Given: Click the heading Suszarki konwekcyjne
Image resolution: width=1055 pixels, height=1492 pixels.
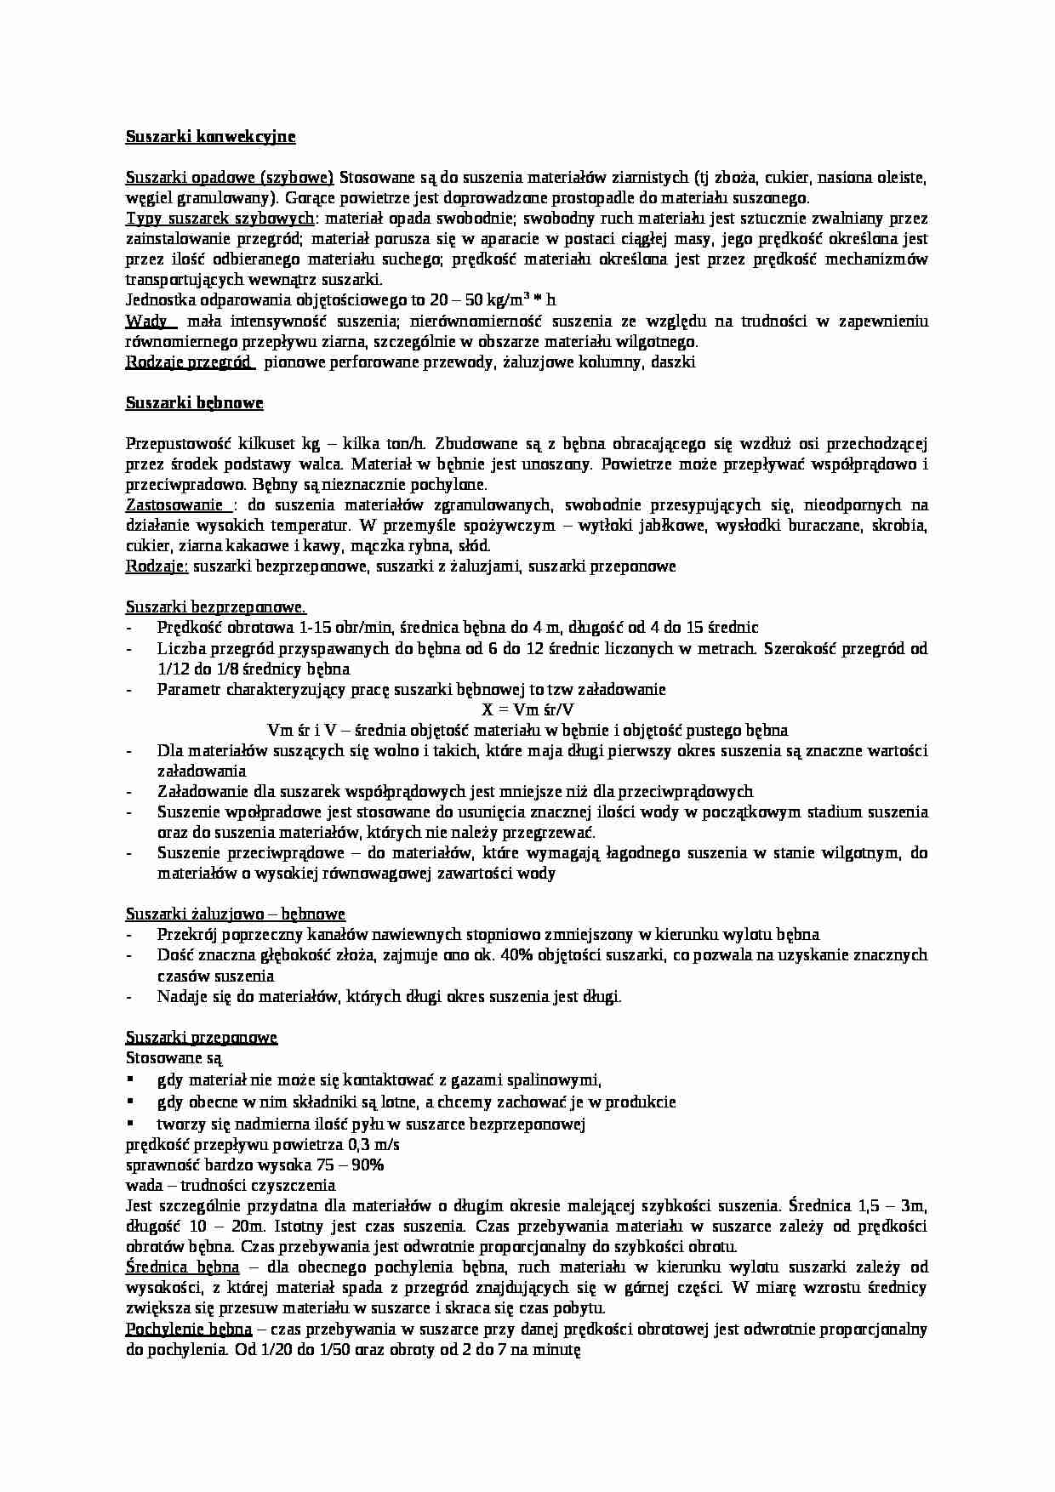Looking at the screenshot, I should coord(210,136).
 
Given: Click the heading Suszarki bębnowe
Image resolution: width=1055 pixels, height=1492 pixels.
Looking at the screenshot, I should coord(194,403).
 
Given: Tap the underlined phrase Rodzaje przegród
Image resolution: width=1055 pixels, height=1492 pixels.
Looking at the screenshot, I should coord(188,362).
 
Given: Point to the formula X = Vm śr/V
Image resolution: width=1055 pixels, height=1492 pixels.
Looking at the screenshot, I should coord(527,709).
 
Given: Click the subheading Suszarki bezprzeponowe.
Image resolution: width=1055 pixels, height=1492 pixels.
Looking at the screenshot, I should coord(215,607).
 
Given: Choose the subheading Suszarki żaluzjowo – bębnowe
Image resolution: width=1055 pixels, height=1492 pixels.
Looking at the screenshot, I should coord(235,914).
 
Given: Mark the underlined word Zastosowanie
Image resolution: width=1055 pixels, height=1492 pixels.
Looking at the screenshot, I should coord(174,505).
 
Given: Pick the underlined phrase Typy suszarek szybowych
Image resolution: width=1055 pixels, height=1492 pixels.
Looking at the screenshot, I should coord(220,219).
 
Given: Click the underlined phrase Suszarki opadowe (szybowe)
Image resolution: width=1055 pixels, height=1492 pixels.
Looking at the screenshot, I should coord(229,178).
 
